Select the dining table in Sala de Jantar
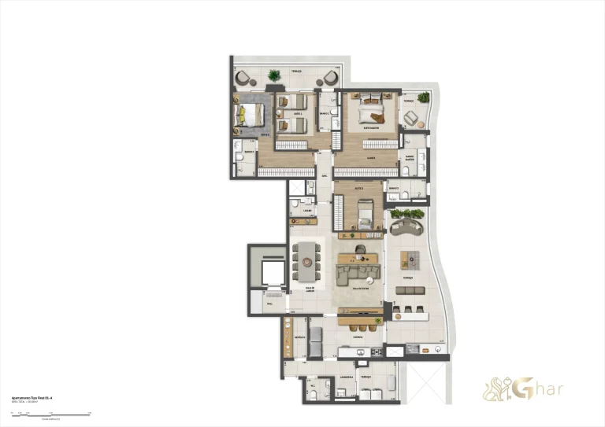point(306,260)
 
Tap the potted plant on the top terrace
point(273,75)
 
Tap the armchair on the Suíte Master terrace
point(411,118)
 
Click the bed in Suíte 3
point(364,213)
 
